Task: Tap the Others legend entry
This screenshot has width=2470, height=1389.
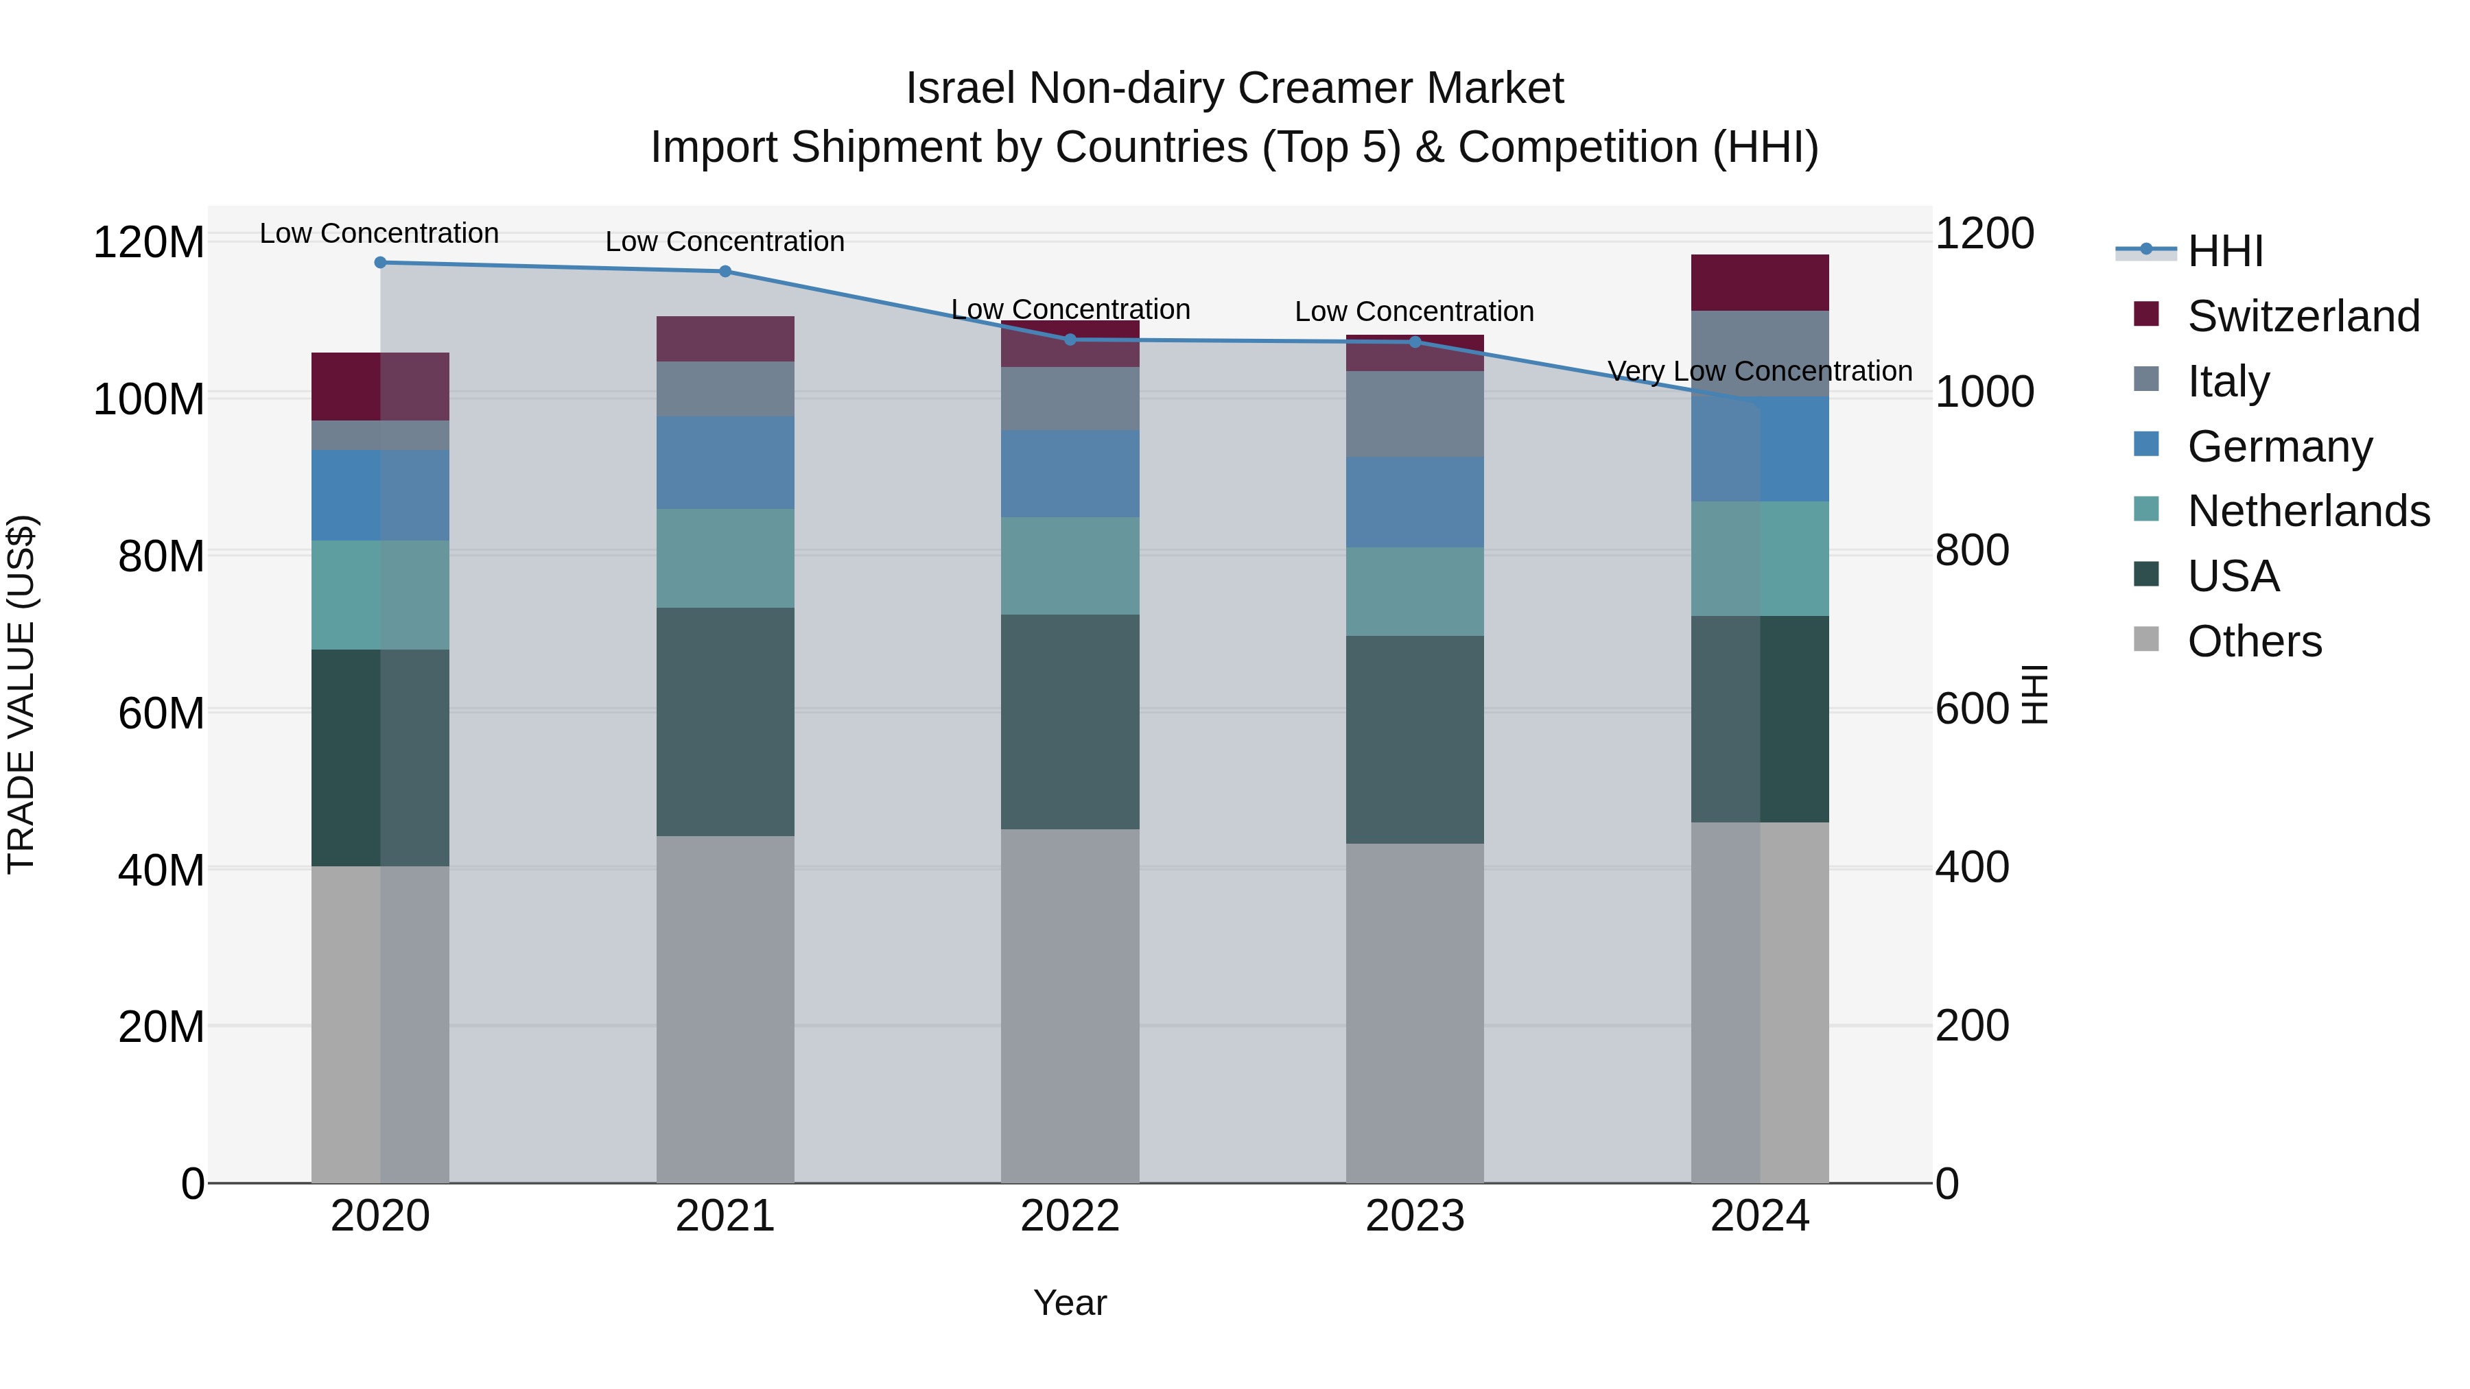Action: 2253,641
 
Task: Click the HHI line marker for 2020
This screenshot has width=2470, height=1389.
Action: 381,263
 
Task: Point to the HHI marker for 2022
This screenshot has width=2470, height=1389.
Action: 1070,340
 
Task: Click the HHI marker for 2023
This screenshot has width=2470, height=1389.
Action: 1415,342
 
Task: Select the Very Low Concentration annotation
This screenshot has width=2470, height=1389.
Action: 1759,371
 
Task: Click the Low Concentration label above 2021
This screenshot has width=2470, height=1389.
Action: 725,241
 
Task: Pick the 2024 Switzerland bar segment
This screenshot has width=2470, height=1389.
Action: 1759,283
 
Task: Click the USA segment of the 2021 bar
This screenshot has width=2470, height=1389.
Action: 725,721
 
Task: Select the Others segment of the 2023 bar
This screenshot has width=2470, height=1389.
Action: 1415,1012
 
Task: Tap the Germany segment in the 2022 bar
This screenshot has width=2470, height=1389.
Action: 1070,473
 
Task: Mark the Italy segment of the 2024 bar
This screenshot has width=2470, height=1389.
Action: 1759,353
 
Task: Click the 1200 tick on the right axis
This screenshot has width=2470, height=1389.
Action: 1984,234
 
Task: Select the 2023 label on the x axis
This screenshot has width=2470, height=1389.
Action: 1415,1216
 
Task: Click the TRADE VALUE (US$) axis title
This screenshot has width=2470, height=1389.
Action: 21,694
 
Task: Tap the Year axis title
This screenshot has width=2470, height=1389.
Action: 1070,1303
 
